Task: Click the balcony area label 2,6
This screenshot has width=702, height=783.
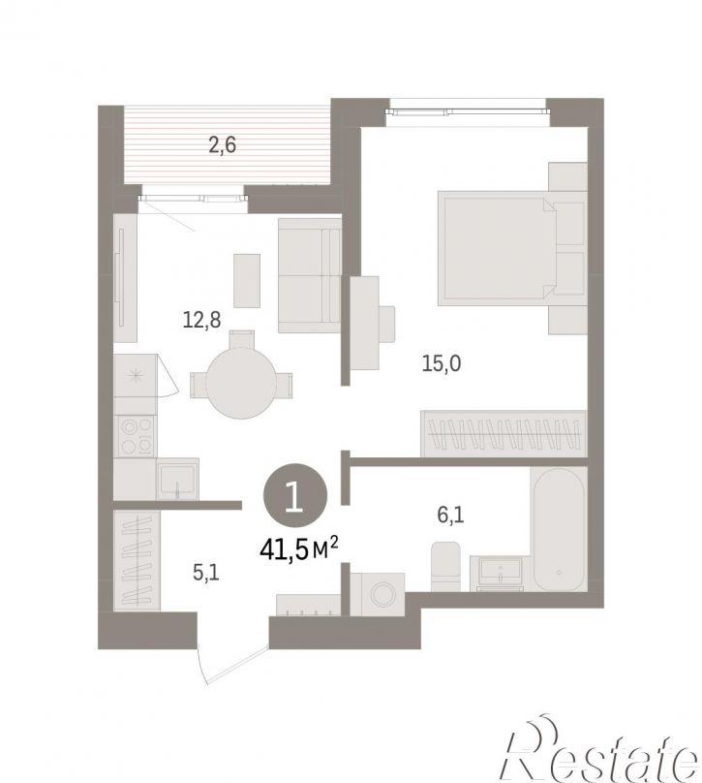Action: point(222,145)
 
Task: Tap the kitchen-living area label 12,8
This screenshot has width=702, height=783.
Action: point(201,320)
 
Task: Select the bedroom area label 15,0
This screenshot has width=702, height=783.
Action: point(442,363)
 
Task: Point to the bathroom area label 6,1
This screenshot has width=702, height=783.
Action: point(450,515)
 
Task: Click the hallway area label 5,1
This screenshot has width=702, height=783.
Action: point(205,573)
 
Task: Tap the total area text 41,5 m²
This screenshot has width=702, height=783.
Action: point(299,549)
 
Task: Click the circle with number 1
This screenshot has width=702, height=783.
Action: point(295,497)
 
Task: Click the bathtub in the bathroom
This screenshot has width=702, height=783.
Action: point(559,529)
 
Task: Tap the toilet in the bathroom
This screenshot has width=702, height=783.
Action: point(445,566)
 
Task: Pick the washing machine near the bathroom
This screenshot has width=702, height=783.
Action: point(378,594)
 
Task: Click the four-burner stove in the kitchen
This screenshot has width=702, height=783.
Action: point(136,436)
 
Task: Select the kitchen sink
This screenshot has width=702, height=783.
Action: point(177,480)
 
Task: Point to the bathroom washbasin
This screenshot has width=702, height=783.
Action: point(500,573)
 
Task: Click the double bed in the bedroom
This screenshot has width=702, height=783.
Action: point(512,249)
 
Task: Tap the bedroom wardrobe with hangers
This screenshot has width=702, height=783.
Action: point(504,433)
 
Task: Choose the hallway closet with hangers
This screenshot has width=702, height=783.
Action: point(137,560)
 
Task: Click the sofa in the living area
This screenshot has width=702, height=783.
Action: point(310,275)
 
